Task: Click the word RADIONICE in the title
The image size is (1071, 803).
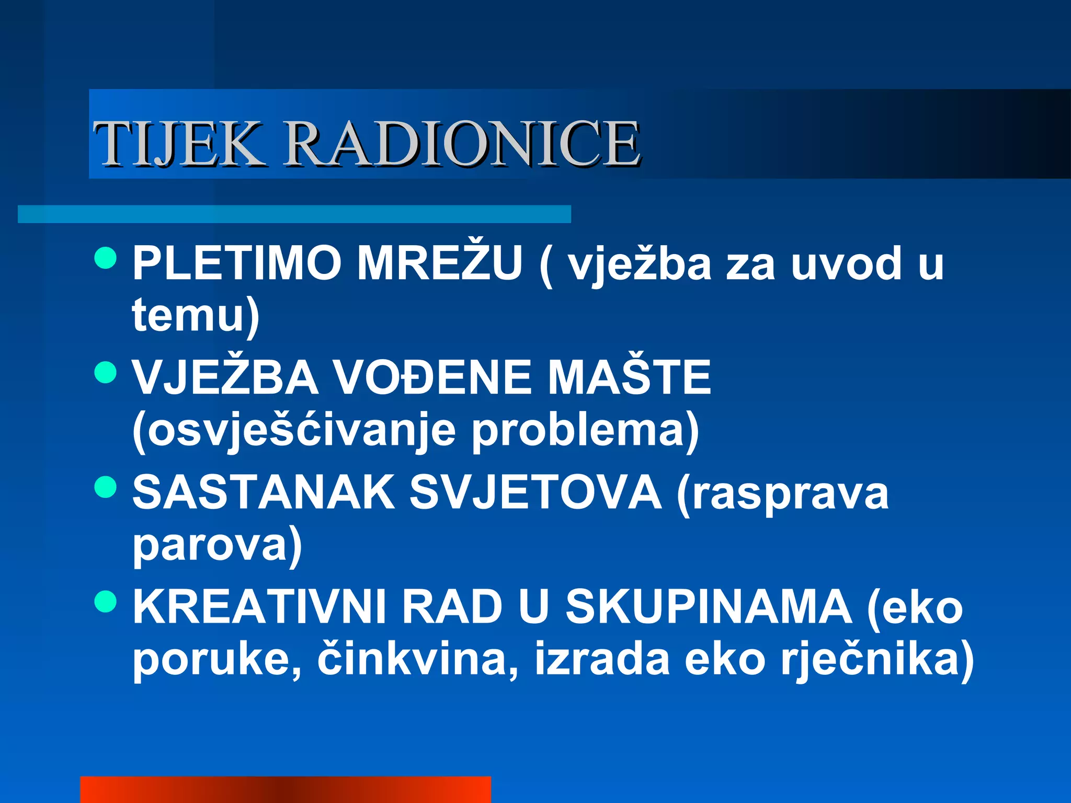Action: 462,143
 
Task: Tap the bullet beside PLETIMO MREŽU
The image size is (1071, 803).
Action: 106,258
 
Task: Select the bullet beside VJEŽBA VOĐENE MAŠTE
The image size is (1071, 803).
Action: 106,372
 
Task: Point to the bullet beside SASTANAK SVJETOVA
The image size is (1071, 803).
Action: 106,487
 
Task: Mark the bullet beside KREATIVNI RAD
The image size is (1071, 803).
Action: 106,601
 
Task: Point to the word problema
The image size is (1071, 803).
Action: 578,431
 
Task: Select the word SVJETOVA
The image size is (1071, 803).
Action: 535,492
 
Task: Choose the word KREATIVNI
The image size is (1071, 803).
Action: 259,607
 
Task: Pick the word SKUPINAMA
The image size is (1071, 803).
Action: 709,607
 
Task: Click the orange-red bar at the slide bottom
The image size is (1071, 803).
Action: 285,789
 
